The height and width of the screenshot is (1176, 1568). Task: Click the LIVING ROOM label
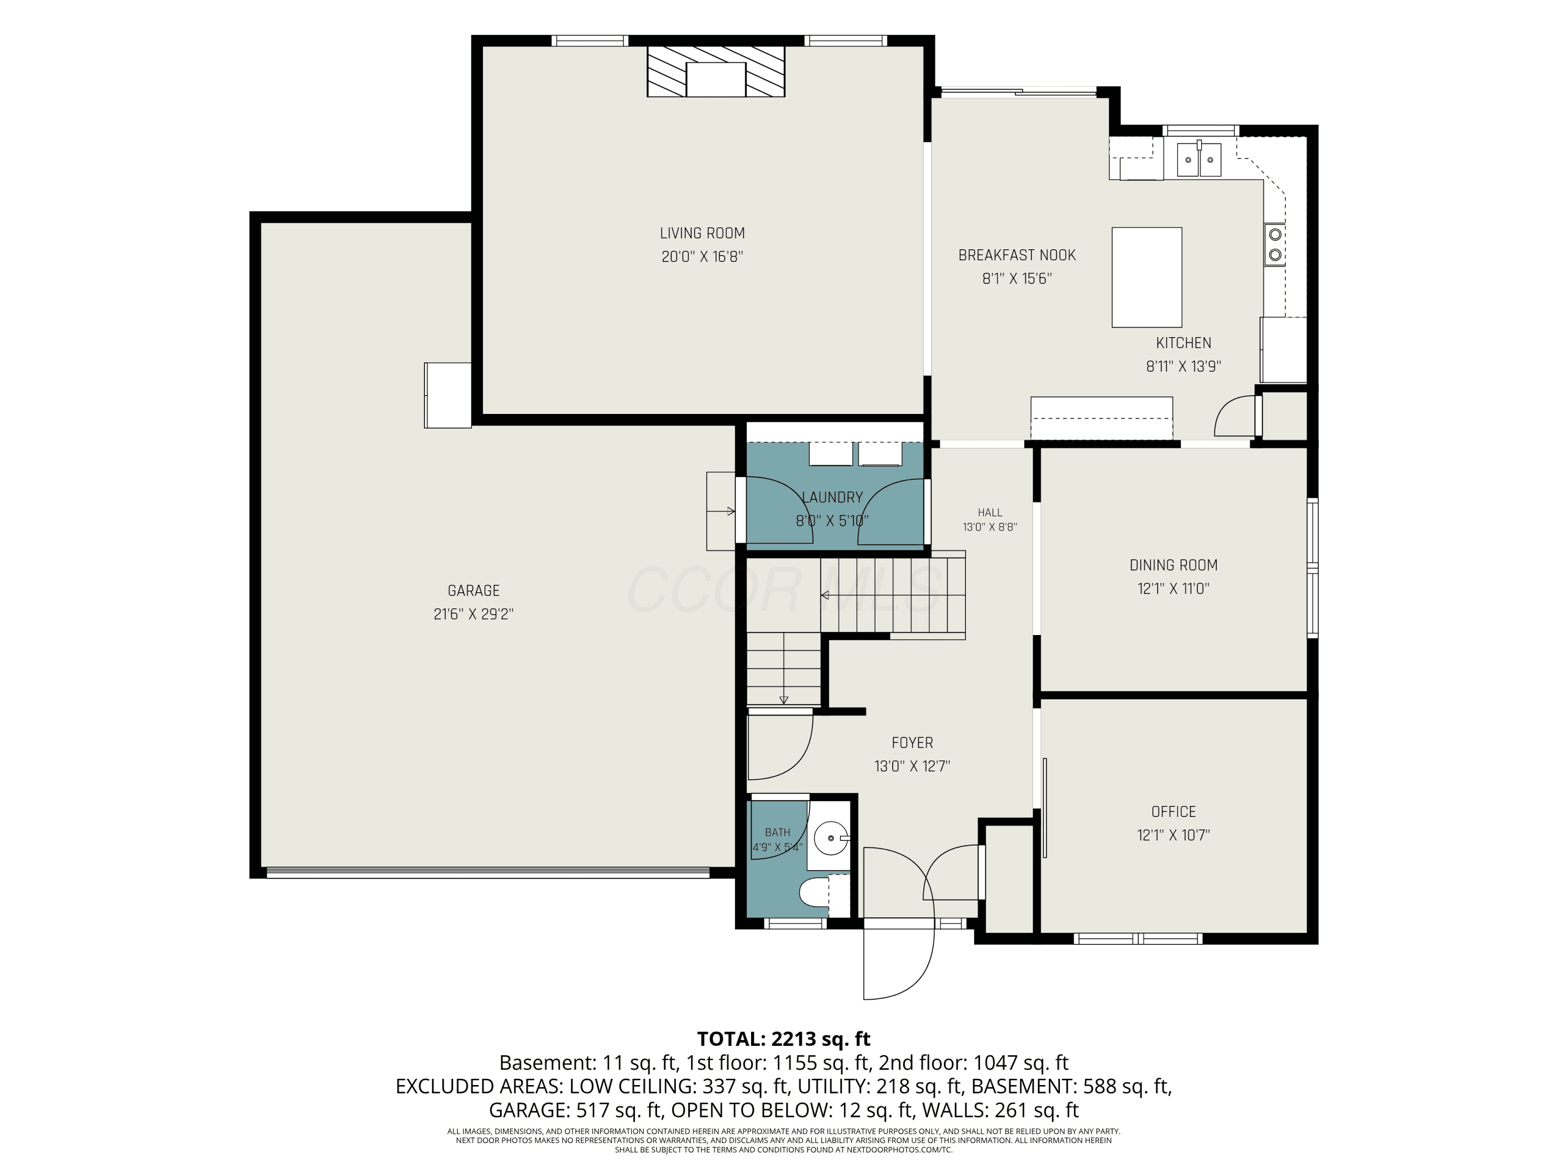click(x=702, y=233)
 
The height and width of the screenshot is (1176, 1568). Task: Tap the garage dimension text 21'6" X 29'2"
click(x=474, y=614)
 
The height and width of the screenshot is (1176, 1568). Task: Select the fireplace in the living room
click(x=716, y=72)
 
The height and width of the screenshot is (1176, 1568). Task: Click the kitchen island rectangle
click(x=1146, y=277)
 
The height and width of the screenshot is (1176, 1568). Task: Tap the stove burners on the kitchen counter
click(x=1275, y=244)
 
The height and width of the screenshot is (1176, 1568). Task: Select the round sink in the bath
click(x=829, y=838)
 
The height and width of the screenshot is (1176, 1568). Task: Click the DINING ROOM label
click(x=1173, y=565)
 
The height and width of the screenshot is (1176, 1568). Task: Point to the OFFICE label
click(x=1173, y=812)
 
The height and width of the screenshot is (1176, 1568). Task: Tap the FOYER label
click(x=912, y=742)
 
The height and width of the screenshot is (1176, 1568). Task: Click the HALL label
click(x=989, y=513)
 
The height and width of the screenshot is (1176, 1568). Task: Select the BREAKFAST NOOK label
click(x=1017, y=255)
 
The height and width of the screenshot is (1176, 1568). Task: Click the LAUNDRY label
click(x=832, y=498)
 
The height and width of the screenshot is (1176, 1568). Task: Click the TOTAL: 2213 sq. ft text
click(x=783, y=1039)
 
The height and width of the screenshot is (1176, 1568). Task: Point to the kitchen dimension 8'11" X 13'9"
click(x=1183, y=366)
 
